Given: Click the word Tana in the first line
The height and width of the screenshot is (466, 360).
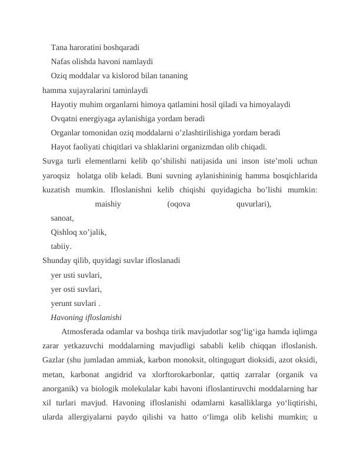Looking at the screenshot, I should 59,46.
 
